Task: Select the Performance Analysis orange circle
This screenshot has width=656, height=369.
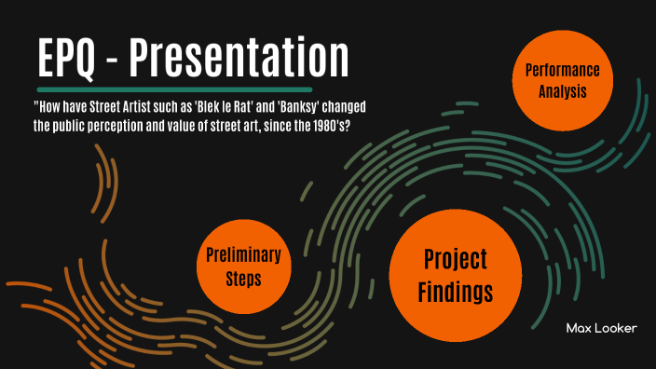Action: point(562,81)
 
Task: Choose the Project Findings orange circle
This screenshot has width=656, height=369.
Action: point(456,276)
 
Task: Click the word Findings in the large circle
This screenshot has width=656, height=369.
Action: point(456,292)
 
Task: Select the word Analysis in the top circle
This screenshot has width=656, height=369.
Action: point(562,91)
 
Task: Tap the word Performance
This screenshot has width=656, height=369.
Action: point(562,71)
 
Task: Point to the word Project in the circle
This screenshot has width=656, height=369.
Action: point(456,260)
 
